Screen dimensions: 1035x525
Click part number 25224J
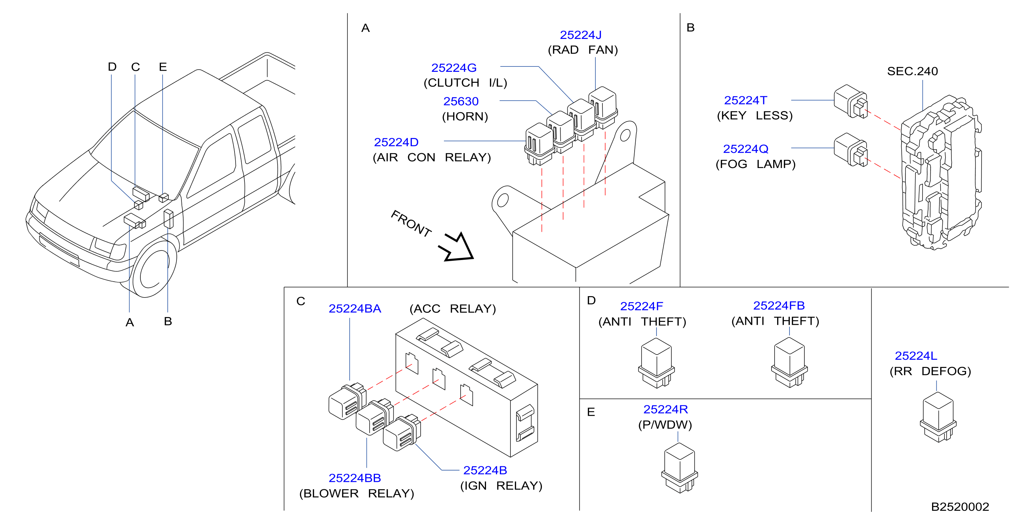point(580,35)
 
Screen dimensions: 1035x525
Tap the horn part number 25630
point(461,101)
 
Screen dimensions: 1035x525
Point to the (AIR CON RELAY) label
point(432,157)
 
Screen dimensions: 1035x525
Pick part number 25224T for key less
point(745,100)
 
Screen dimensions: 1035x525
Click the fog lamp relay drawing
point(851,150)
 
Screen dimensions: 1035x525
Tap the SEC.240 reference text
point(913,71)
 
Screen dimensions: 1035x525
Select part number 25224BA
point(355,309)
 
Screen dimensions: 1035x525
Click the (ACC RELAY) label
point(453,309)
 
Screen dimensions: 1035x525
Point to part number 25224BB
point(355,478)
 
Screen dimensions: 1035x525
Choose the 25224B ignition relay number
point(485,470)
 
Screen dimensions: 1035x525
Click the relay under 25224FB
point(789,362)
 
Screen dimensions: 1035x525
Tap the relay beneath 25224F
point(656,363)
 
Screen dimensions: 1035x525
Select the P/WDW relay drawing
point(680,468)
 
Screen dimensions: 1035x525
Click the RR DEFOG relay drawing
point(938,417)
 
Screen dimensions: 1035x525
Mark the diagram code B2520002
point(960,507)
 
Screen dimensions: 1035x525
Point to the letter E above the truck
point(163,67)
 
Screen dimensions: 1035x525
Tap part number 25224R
point(665,410)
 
